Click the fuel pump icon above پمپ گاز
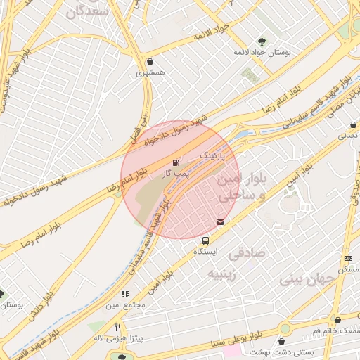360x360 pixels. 176,163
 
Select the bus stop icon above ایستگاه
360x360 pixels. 205,240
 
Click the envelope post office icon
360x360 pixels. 221,222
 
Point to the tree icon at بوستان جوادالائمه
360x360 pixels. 262,41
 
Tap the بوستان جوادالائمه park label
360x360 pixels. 262,53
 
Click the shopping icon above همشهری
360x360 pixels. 151,61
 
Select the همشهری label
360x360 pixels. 150,72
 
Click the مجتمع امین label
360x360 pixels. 125,305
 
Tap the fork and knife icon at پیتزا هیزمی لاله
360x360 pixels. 118,327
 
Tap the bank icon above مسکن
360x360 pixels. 349,259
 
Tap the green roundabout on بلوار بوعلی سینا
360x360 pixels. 285,328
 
